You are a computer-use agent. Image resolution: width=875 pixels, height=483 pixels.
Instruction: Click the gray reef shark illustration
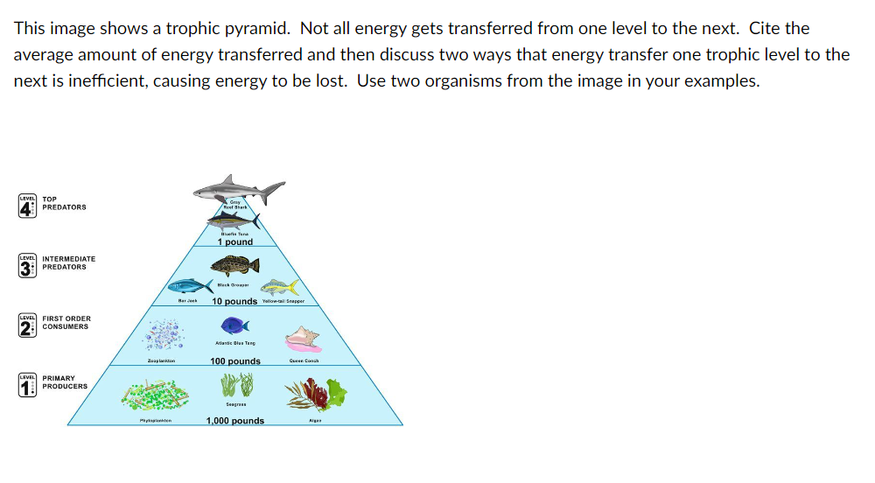pos(237,188)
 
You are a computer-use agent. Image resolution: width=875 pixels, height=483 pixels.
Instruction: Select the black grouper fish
pos(234,265)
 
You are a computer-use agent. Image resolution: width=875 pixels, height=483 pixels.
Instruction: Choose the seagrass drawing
pos(235,386)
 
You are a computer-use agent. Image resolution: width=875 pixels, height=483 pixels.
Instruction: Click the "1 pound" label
pos(235,242)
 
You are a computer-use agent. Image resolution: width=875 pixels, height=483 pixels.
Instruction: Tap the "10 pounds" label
pos(234,302)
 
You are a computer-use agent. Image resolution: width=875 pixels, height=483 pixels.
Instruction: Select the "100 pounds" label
pos(235,361)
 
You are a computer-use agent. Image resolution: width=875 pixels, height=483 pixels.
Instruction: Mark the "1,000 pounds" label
pos(235,421)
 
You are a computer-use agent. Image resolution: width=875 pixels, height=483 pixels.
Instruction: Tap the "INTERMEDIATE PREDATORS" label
pos(69,262)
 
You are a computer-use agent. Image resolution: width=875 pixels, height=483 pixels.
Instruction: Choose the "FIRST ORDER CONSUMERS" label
pos(66,323)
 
